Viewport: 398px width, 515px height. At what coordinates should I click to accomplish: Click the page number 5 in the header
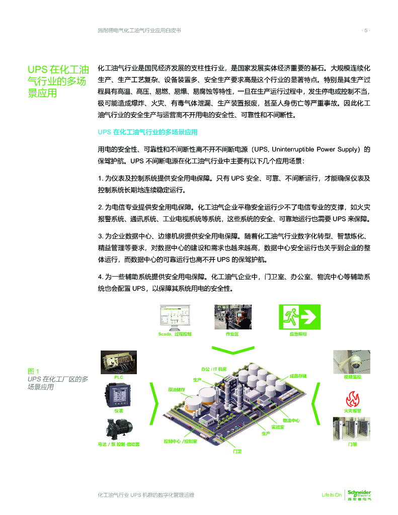[x=366, y=31]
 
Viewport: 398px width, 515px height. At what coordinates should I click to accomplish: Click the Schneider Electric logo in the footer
[x=359, y=495]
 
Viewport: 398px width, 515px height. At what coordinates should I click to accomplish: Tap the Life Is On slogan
[x=332, y=495]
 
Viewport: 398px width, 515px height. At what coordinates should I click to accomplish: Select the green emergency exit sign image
[x=299, y=317]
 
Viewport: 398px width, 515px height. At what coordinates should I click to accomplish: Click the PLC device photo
[x=119, y=362]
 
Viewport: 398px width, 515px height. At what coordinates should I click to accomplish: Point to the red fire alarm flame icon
[x=352, y=399]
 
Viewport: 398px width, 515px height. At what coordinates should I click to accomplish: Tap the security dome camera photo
[x=352, y=362]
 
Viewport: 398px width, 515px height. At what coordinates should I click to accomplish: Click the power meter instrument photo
[x=118, y=395]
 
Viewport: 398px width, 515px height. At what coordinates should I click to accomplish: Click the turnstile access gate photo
[x=352, y=429]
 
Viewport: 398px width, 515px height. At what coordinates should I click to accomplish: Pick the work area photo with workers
[x=233, y=317]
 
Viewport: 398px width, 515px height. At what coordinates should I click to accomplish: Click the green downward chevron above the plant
[x=233, y=350]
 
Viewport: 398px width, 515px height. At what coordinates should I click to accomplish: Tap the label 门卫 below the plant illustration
[x=237, y=452]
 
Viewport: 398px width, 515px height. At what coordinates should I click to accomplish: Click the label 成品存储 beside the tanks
[x=298, y=376]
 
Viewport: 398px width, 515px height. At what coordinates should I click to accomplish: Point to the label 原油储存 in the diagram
[x=177, y=390]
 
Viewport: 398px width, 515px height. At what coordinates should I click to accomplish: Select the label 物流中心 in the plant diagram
[x=291, y=420]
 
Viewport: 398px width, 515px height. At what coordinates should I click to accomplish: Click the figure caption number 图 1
[x=33, y=371]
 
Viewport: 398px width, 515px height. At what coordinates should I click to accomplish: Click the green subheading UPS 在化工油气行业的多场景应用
[x=147, y=132]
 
